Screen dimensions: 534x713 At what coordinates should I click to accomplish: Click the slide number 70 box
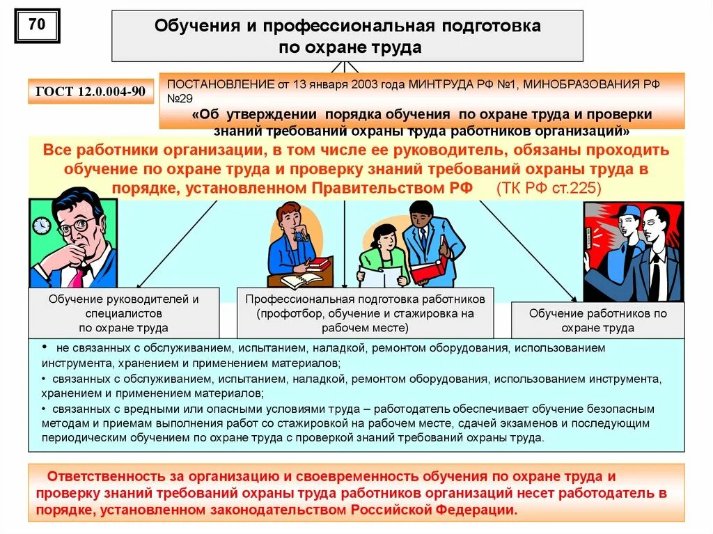click(37, 26)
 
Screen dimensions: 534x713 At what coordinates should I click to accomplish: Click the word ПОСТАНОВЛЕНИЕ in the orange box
click(210, 84)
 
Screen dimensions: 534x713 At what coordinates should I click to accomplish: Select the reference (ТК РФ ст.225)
click(548, 188)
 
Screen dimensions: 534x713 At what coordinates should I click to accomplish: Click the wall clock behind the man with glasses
click(42, 226)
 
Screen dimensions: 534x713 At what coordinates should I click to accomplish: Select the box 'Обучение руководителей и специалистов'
click(123, 313)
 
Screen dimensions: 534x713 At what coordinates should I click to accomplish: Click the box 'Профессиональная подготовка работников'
click(365, 313)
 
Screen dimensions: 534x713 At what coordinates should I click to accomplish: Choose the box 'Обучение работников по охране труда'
click(597, 320)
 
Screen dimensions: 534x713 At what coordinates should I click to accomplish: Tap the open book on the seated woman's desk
click(301, 280)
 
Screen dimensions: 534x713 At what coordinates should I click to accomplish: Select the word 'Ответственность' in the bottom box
click(107, 477)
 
